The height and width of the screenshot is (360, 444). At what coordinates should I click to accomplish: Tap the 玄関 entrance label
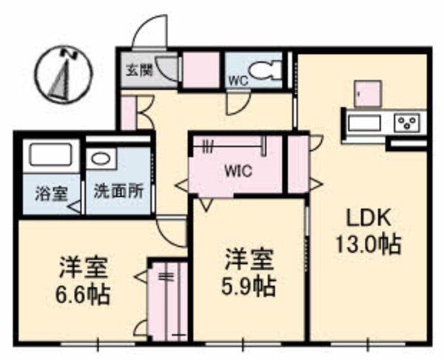[138, 71]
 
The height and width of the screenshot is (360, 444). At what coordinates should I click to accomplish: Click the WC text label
[237, 79]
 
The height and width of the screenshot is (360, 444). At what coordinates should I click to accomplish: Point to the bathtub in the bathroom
[50, 157]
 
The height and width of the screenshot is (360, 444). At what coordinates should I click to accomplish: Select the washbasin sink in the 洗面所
[101, 158]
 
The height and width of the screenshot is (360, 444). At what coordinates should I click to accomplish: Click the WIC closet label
[239, 170]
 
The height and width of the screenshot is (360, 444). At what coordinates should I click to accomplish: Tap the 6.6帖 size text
[83, 295]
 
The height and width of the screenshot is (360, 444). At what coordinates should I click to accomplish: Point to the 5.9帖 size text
[249, 285]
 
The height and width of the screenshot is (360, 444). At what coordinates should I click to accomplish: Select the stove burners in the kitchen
[407, 121]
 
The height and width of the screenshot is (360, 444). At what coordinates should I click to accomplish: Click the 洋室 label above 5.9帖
[249, 259]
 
